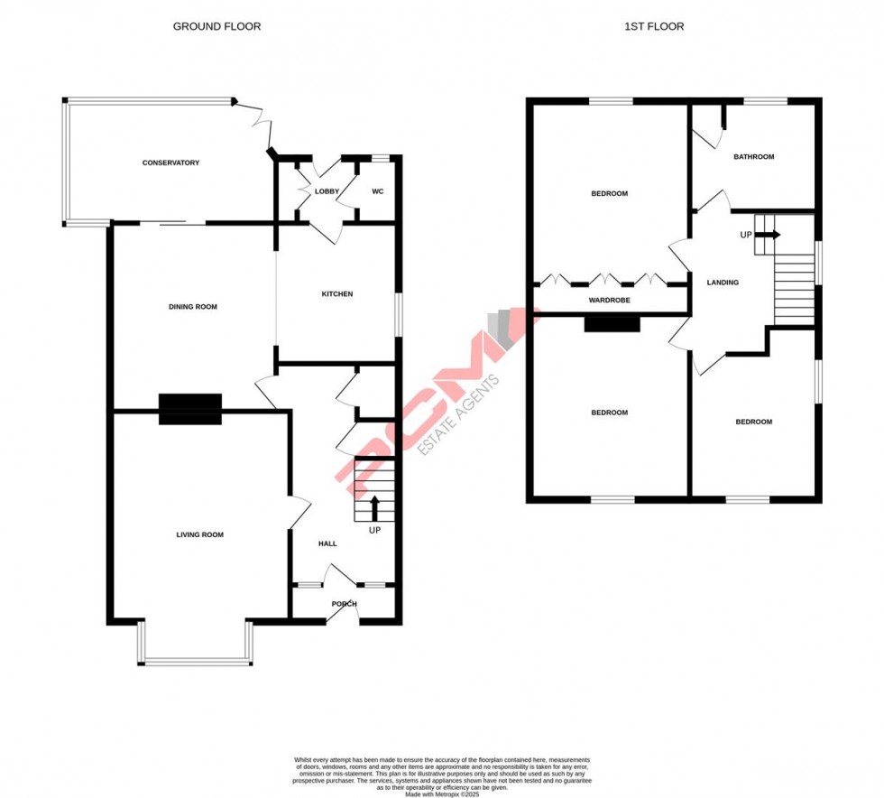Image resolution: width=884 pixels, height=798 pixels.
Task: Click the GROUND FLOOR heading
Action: coord(216,27)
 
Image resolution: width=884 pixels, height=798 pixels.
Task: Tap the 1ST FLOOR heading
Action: coord(654,27)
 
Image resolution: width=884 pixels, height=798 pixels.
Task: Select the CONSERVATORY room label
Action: coord(170,163)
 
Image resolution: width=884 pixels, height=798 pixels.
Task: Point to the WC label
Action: coord(378,191)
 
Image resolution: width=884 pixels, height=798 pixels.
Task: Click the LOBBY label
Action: coord(327,191)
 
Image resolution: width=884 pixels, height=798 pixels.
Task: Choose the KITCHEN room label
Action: coord(337,294)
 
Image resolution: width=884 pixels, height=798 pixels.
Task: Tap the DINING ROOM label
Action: coord(193,307)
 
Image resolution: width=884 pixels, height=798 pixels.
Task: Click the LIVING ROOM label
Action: coord(199,535)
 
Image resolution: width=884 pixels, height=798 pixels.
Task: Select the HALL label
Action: coord(327,543)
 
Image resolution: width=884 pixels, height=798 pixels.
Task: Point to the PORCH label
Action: coord(345,604)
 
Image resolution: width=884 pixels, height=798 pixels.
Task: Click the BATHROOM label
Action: coord(753,157)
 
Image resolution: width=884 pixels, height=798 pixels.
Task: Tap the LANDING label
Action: coord(723,283)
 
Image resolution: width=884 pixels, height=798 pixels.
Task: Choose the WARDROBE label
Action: coord(609,300)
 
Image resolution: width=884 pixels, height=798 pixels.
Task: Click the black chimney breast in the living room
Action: coord(190,409)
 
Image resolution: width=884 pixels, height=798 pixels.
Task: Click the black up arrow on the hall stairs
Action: coord(375,508)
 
